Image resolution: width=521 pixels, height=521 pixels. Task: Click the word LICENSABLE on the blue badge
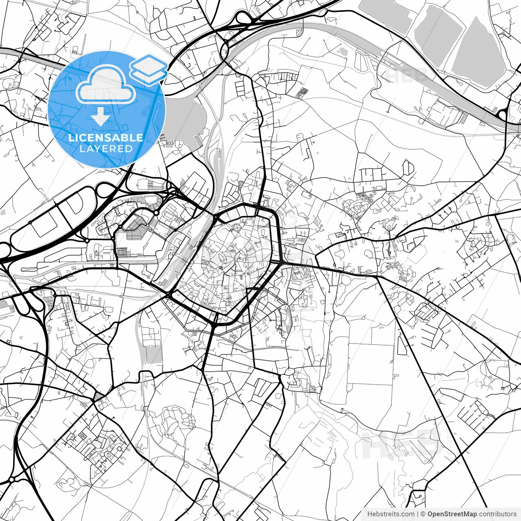[106, 138]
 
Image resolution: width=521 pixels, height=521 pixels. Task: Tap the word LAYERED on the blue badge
[106, 149]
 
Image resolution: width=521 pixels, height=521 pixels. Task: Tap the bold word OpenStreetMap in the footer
[452, 514]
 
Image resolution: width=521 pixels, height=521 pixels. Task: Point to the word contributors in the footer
[498, 514]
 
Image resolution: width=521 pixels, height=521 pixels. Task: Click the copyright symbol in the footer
[423, 514]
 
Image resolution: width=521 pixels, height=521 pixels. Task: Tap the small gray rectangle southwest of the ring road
[154, 354]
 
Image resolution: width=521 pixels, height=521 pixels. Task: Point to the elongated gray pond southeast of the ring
[289, 317]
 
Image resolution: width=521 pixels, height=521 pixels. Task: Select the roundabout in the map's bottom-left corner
[12, 479]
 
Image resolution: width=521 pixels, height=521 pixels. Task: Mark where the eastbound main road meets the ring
[281, 263]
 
